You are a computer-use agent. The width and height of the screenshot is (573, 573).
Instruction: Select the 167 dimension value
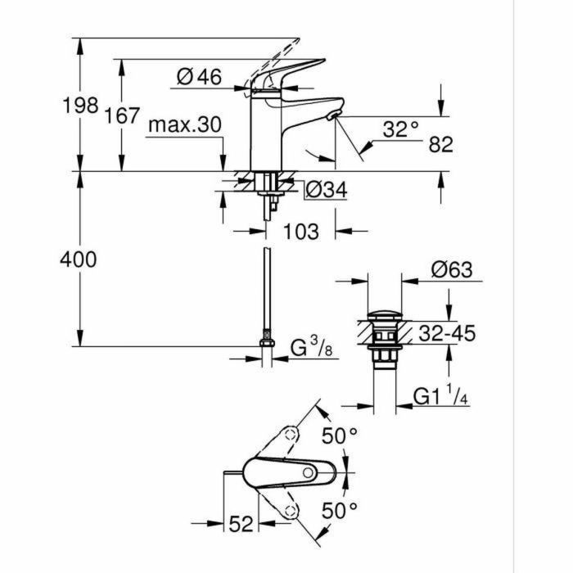[123, 115]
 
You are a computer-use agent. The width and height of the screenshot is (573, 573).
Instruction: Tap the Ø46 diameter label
[199, 77]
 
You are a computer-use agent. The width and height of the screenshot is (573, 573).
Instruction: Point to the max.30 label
[186, 124]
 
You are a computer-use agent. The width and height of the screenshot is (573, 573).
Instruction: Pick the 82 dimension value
[440, 145]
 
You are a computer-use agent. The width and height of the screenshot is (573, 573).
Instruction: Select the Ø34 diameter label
[326, 190]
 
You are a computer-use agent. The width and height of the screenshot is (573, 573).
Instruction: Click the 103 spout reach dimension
[300, 232]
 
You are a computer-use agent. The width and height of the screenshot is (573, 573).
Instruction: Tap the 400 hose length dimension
[79, 259]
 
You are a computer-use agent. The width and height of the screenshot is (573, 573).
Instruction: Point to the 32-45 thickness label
[446, 333]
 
